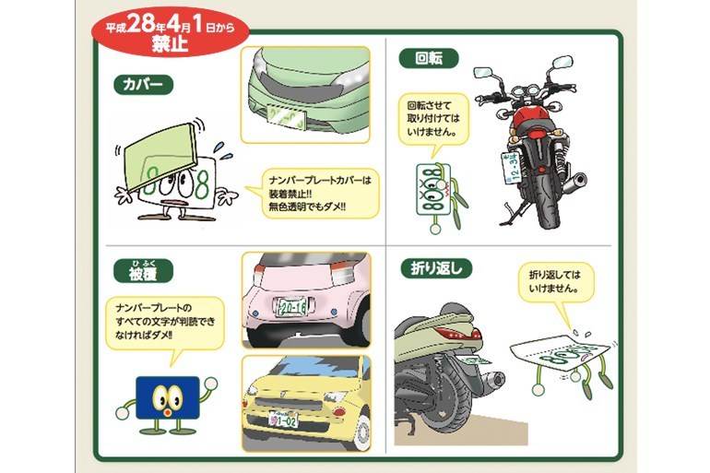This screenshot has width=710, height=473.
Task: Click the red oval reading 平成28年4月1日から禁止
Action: [170, 32]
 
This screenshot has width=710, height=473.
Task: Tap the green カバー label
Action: [144, 85]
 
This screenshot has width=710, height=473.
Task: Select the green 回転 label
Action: [429, 58]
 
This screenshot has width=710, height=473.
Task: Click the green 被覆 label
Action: [143, 273]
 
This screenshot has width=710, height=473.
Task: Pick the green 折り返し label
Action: [436, 269]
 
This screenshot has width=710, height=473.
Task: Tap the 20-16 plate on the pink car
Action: [292, 307]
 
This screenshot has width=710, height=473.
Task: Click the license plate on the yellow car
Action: [283, 420]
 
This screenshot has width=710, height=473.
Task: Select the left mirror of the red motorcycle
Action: [482, 72]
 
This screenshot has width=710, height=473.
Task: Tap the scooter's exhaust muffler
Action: [493, 378]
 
